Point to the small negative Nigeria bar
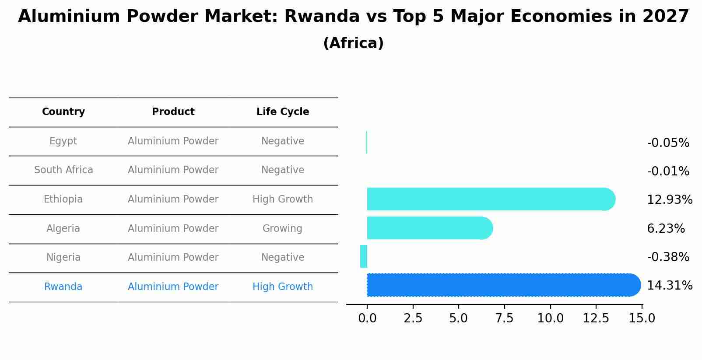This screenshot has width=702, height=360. click(x=363, y=256)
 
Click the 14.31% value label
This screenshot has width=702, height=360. click(x=669, y=286)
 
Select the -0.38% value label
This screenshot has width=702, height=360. click(x=668, y=257)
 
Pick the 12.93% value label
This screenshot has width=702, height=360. click(x=669, y=199)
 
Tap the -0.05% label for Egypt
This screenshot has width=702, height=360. click(x=668, y=143)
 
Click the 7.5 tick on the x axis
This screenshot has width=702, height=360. click(x=504, y=318)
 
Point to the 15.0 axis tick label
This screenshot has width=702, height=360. click(x=642, y=318)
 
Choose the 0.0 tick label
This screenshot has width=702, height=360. click(x=367, y=318)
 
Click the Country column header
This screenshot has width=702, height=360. click(x=63, y=112)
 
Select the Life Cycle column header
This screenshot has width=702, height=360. click(x=283, y=112)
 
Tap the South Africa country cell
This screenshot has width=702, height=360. click(x=63, y=170)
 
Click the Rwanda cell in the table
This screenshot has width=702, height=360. click(x=63, y=287)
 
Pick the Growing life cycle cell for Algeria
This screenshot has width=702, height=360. click(x=282, y=228)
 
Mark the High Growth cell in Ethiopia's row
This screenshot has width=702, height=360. click(x=282, y=199)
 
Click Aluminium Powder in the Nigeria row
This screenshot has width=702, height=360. click(x=173, y=257)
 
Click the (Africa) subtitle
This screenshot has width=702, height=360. click(x=353, y=43)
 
